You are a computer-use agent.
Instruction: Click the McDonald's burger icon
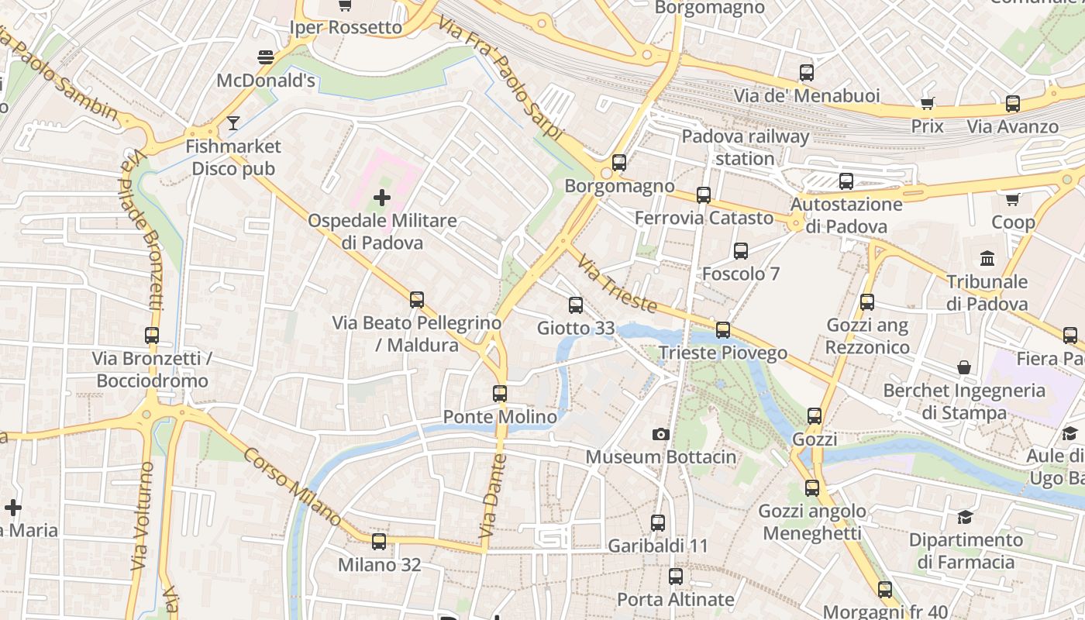click(266, 57)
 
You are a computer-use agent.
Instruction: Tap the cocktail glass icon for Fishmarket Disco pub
click(233, 122)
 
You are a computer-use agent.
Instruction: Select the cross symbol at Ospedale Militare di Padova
click(381, 198)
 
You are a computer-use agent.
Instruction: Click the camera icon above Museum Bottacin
click(660, 434)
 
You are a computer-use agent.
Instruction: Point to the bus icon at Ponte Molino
click(500, 394)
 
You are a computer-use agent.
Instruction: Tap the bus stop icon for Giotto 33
click(575, 305)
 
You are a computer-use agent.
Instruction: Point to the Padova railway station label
click(745, 147)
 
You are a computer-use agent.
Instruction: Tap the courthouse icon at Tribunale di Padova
click(987, 258)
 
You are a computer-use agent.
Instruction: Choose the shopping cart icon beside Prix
click(927, 103)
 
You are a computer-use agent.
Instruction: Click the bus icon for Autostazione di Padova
click(846, 181)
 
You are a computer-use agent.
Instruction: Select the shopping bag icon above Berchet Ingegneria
click(964, 367)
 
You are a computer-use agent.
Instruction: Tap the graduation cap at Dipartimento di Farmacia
click(965, 516)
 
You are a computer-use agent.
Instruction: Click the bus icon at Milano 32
click(379, 542)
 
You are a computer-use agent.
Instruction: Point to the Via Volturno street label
click(143, 516)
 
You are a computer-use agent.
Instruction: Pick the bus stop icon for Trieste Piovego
click(723, 330)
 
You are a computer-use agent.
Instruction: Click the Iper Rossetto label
click(346, 28)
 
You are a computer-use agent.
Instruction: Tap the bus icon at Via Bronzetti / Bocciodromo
click(152, 336)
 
